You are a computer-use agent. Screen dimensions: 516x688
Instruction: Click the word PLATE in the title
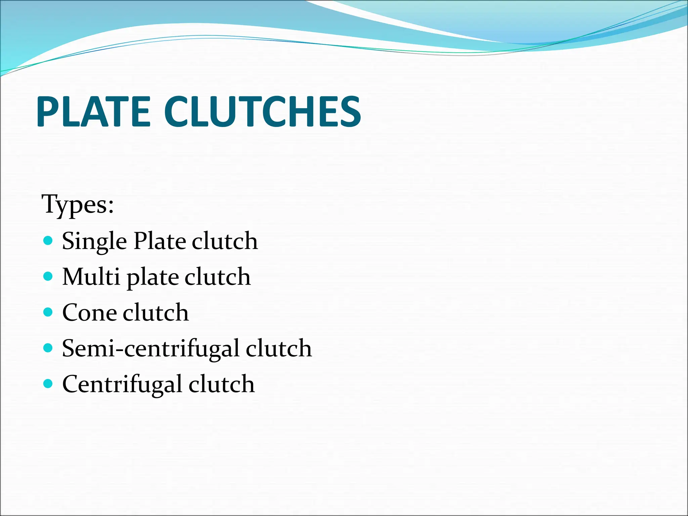[x=93, y=112]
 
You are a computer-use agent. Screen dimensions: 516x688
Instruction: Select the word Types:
[x=78, y=204]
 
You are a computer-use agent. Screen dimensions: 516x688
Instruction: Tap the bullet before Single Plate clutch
[x=48, y=241]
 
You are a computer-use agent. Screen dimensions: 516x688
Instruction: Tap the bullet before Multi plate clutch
[x=48, y=276]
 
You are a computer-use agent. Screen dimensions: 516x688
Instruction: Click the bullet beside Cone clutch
[x=48, y=312]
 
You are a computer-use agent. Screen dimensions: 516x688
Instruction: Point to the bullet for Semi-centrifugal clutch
[x=48, y=348]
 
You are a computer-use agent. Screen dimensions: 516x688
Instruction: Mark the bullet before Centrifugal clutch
[x=48, y=383]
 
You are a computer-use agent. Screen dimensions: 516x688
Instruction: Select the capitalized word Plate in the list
[x=160, y=241]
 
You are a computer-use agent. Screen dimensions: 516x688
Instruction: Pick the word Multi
[x=91, y=277]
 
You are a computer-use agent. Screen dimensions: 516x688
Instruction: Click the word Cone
[x=89, y=313]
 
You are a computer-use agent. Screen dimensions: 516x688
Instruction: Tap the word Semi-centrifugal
[x=150, y=349]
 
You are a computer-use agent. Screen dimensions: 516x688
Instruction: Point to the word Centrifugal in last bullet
[x=122, y=384]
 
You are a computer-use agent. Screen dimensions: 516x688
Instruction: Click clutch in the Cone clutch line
[x=156, y=313]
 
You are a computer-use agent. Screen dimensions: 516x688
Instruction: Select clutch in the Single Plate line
[x=225, y=241]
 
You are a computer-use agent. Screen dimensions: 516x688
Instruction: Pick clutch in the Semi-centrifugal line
[x=278, y=348]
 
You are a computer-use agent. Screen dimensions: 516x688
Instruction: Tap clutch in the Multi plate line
[x=217, y=277]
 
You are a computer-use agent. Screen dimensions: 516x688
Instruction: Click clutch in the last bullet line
[x=221, y=384]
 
